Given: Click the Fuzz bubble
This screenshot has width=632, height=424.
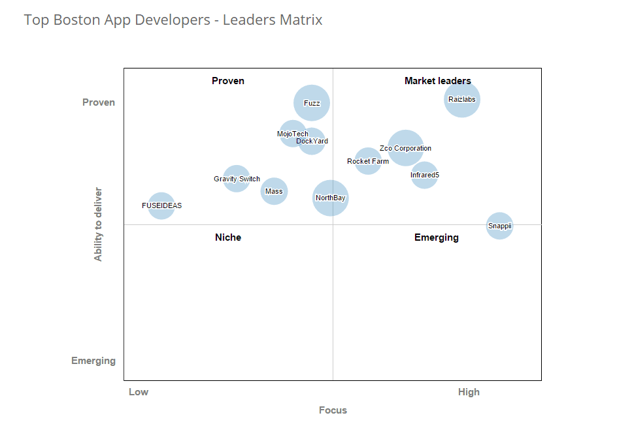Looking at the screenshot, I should tap(312, 103).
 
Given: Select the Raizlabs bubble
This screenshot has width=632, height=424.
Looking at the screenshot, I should tap(462, 100).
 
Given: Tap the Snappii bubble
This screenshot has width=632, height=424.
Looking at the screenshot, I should tap(499, 226).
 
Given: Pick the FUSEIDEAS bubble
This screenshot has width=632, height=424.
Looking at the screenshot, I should tap(161, 205).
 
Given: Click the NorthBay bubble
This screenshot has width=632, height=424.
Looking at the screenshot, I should tap(330, 198).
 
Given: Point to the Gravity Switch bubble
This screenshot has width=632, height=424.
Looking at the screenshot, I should tap(237, 179).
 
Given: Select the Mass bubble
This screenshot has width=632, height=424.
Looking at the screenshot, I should tap(274, 191).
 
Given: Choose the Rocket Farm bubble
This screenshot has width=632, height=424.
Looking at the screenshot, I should tap(368, 161).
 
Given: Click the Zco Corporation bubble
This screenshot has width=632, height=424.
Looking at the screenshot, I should tap(405, 148).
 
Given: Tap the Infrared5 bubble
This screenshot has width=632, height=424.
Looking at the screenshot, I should tap(424, 175).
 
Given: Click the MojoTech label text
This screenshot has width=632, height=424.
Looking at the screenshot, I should tap(292, 134).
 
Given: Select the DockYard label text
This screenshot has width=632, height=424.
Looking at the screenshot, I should tap(312, 141).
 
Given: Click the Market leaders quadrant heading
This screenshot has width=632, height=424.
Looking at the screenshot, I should tap(437, 81).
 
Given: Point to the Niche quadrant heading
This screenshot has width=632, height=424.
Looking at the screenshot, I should tap(228, 237).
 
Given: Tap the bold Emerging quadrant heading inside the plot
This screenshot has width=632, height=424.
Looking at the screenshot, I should tap(437, 237).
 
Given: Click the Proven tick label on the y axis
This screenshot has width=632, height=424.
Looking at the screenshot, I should tap(99, 102).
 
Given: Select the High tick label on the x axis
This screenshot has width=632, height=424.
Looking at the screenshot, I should tap(469, 392).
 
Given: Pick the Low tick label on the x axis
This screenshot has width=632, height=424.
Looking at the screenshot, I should tap(139, 392).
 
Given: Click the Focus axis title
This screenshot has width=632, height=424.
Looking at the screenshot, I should tap(333, 410).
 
